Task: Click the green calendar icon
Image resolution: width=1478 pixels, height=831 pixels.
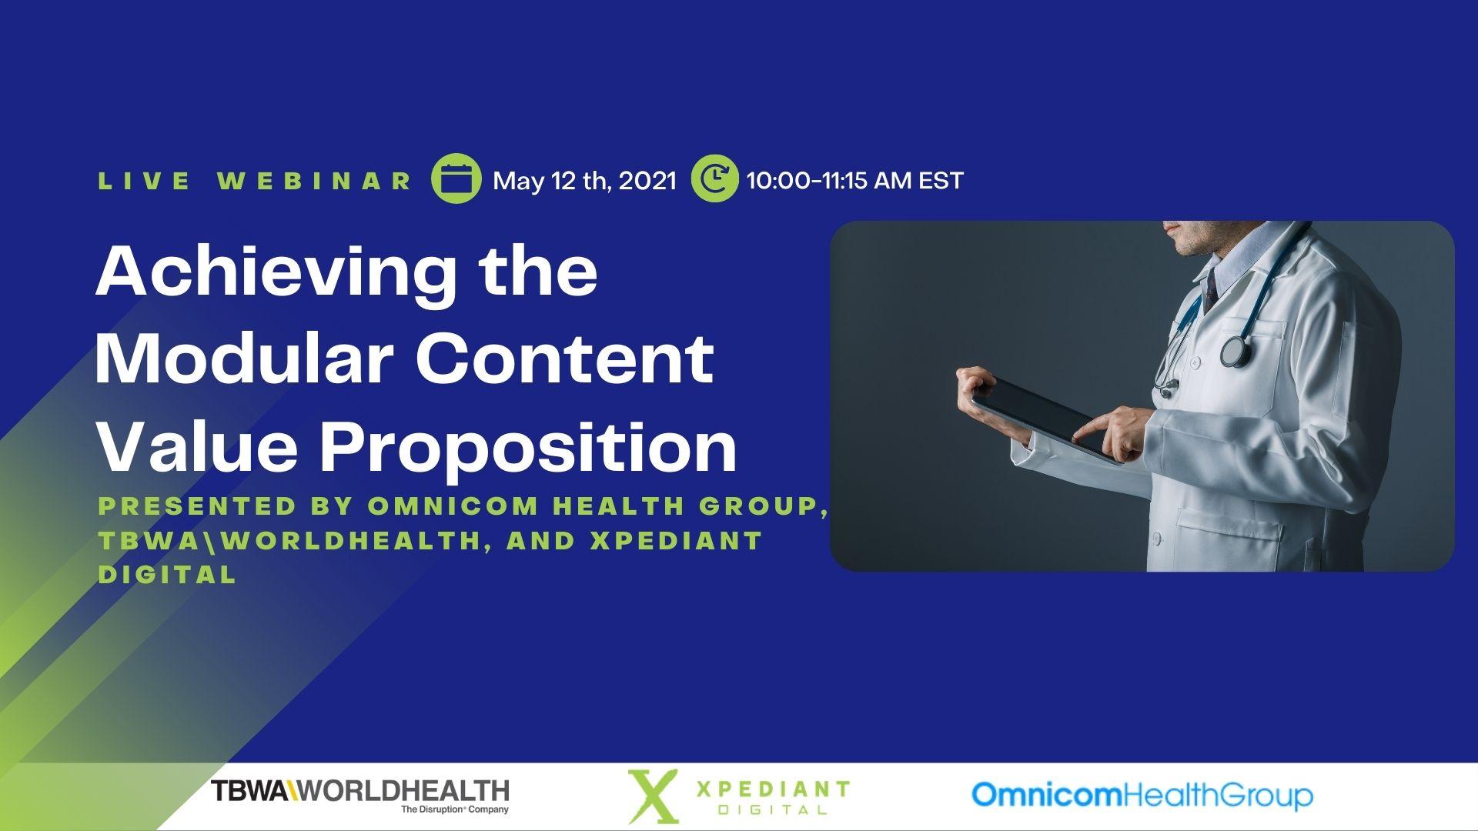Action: (456, 179)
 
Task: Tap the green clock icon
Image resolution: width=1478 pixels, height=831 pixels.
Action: (714, 179)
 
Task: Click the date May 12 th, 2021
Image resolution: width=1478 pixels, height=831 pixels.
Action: (584, 181)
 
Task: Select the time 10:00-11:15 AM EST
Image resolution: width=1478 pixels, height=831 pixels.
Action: (855, 180)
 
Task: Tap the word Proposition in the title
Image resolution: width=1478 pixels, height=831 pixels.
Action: (529, 450)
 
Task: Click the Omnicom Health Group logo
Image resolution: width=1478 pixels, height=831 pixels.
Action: (1142, 796)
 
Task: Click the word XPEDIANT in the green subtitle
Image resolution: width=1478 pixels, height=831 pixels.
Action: (676, 540)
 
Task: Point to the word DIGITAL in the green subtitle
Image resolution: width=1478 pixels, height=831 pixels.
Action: (167, 574)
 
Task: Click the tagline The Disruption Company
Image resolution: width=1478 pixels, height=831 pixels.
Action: (455, 809)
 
